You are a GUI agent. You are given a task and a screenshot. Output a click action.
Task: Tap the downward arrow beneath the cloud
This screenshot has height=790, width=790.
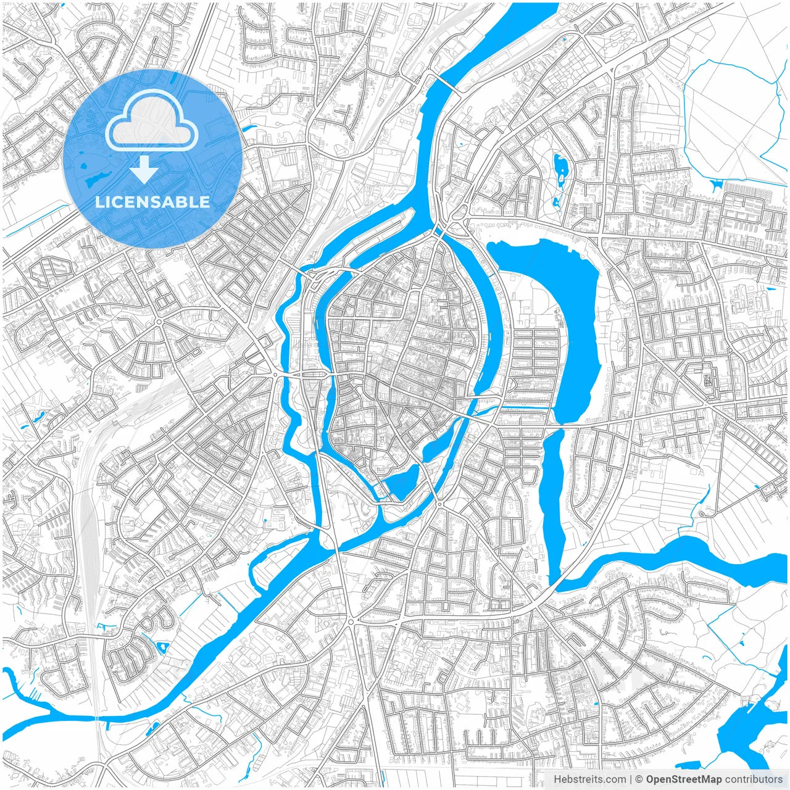pyautogui.click(x=144, y=170)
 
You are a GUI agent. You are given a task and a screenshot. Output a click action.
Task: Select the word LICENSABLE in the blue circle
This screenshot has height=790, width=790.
pyautogui.click(x=152, y=202)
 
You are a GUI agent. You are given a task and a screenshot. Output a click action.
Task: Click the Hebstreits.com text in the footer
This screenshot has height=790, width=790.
pyautogui.click(x=589, y=779)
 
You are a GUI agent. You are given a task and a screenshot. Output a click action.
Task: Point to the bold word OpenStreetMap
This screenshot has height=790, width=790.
pyautogui.click(x=684, y=779)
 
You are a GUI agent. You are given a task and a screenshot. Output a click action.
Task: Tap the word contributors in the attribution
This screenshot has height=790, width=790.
pyautogui.click(x=754, y=779)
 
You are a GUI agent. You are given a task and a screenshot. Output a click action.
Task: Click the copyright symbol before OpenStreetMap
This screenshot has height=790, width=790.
pyautogui.click(x=639, y=779)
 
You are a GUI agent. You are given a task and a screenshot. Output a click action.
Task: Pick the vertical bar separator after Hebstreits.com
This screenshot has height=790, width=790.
pyautogui.click(x=631, y=779)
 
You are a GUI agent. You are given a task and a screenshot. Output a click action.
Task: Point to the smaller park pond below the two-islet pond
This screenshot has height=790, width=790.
pyautogui.click(x=557, y=201)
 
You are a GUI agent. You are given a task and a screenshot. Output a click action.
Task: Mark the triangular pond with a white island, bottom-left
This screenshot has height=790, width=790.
pyautogui.click(x=162, y=647)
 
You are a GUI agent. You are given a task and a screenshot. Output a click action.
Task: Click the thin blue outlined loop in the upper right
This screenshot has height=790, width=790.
pyautogui.click(x=728, y=117)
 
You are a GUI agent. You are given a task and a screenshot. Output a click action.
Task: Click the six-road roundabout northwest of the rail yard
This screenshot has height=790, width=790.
pyautogui.click(x=159, y=322)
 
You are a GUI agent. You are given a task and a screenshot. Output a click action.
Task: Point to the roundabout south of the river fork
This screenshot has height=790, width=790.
pyautogui.click(x=351, y=621)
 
